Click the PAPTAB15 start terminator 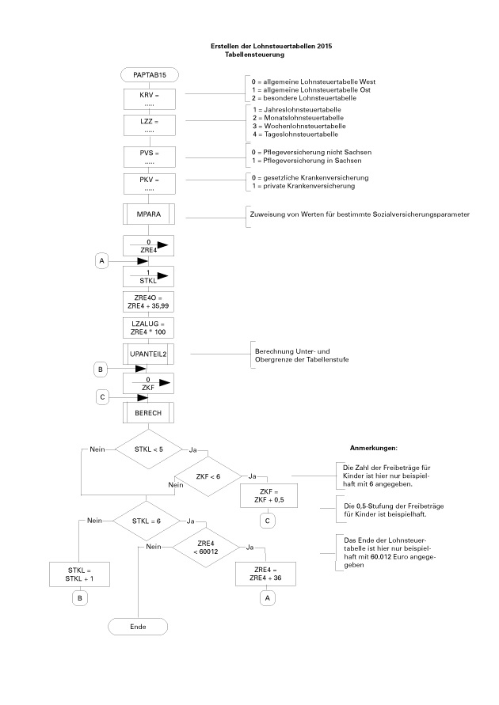coord(149,74)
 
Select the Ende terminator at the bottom coord(139,626)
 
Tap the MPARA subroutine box coord(149,214)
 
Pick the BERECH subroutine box coord(149,414)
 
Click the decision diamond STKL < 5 coord(149,449)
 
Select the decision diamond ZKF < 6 coord(208,476)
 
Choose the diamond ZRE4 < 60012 coord(208,548)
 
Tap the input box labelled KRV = coord(149,99)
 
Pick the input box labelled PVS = coord(149,156)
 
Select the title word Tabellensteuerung coord(254,55)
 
